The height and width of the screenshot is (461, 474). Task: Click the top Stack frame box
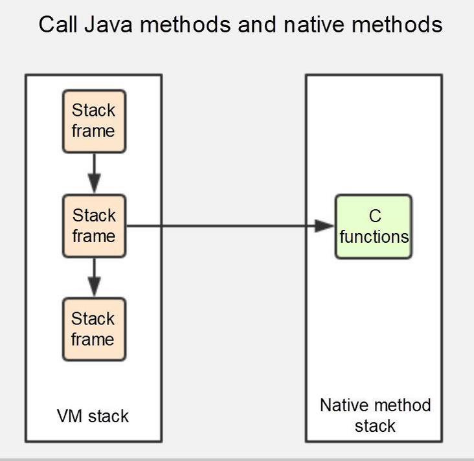coord(93,121)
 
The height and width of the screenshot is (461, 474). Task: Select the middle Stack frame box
coord(93,226)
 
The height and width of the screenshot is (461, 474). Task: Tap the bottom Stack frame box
coord(93,329)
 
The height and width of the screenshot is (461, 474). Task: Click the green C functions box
coord(373,227)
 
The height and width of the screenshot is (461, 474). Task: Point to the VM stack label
coord(93,416)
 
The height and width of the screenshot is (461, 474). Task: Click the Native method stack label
coord(375,415)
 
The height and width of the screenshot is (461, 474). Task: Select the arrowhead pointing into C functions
coord(324,226)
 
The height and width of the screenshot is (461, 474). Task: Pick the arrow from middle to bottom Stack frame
coord(94,277)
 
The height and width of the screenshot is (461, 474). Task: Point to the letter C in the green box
coord(374,216)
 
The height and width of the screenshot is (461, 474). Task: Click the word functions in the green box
coord(374,236)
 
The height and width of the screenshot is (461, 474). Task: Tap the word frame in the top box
coord(93,131)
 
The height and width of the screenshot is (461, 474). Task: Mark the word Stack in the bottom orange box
coord(93,319)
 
